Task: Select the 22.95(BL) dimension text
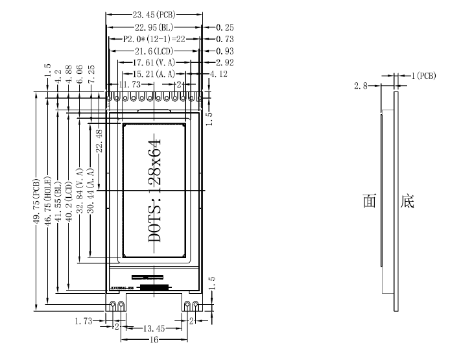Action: [154, 27]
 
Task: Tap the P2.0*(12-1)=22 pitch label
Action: [154, 39]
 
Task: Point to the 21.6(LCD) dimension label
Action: [154, 51]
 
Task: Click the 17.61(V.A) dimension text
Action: [154, 63]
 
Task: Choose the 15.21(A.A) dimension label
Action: [154, 75]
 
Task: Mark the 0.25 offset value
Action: [224, 27]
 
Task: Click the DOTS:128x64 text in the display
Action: [155, 191]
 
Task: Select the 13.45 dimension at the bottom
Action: [154, 329]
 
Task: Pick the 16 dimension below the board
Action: [154, 339]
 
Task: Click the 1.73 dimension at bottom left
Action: [85, 321]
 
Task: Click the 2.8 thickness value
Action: [361, 85]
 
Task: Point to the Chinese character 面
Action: [370, 201]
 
